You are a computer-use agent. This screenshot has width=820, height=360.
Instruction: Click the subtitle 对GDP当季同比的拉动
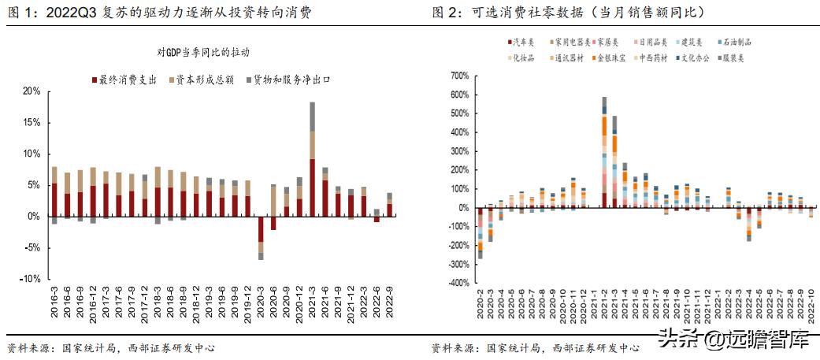[202, 52]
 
